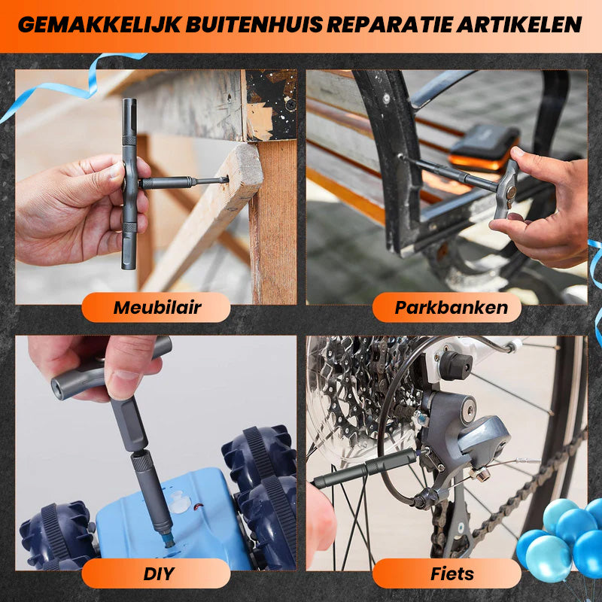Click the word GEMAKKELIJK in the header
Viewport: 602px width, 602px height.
pyautogui.click(x=99, y=25)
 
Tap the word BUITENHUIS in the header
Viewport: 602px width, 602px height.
pyautogui.click(x=254, y=25)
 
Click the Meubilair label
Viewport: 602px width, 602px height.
pyautogui.click(x=157, y=307)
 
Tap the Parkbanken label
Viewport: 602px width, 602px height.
pyautogui.click(x=451, y=307)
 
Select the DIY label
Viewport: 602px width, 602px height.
pyautogui.click(x=159, y=573)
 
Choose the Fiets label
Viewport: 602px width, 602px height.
pyautogui.click(x=452, y=573)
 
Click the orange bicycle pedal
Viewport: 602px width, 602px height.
pyautogui.click(x=485, y=147)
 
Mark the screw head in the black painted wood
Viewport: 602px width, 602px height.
pyautogui.click(x=290, y=104)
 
